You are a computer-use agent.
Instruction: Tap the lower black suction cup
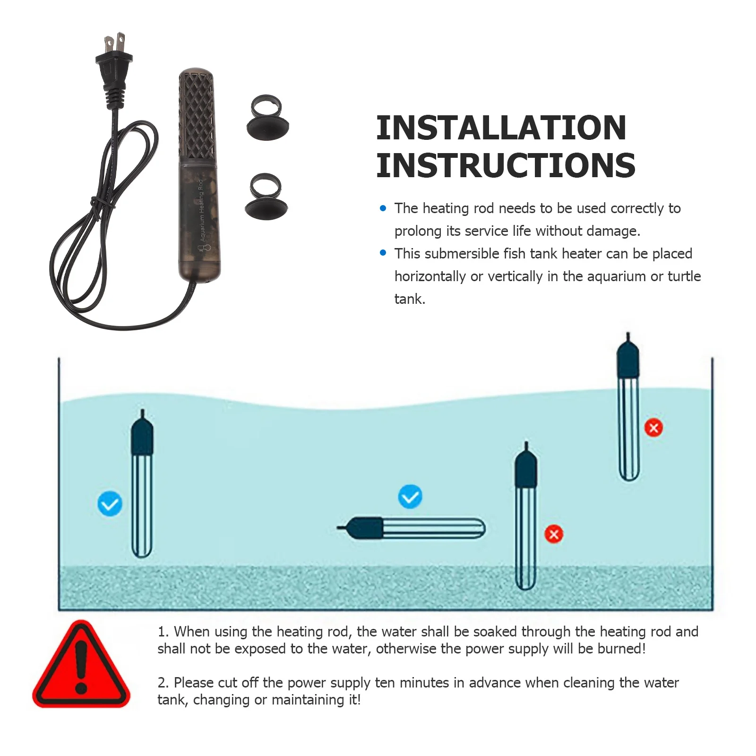coord(266,198)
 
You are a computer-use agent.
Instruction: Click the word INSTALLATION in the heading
coord(501,129)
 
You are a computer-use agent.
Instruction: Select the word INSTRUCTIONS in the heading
coord(506,166)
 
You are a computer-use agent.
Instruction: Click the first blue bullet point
coord(383,208)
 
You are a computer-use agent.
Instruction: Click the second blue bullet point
coord(383,253)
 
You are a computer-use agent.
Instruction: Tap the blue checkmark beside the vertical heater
coord(110,504)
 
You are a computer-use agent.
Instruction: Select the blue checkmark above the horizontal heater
coord(410,497)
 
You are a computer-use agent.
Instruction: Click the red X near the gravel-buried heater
coord(554,534)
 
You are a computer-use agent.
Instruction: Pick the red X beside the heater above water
coord(653,428)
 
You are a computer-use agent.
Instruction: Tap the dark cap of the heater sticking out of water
coord(628,359)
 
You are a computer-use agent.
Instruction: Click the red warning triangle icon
coord(81,666)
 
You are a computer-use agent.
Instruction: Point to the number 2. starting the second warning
coord(163,683)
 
